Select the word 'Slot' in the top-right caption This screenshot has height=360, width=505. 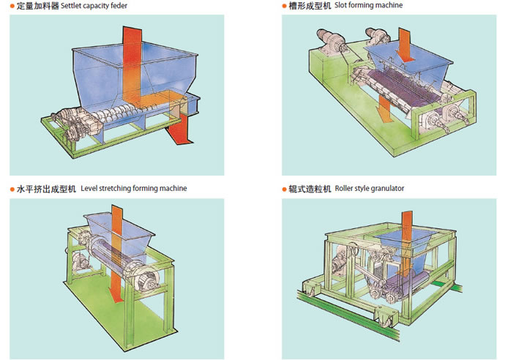pos(340,6)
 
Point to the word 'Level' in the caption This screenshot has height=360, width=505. pos(90,188)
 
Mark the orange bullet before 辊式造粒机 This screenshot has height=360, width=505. pos(284,189)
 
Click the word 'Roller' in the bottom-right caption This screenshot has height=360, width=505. pos(345,189)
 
